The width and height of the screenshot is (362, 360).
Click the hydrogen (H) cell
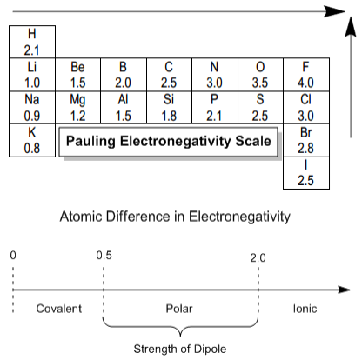(32, 42)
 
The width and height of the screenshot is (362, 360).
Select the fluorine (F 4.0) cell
(306, 75)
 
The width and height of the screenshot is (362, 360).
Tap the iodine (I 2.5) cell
(306, 173)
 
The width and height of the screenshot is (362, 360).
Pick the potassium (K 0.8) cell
(32, 140)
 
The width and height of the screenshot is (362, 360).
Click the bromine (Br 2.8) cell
(306, 140)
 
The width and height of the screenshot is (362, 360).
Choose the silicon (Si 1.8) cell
(169, 108)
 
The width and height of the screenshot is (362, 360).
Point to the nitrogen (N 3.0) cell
(215, 75)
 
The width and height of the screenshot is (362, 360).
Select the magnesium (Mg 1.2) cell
(77, 108)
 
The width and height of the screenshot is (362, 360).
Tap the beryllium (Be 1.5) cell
(77, 75)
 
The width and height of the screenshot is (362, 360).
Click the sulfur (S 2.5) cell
(260, 108)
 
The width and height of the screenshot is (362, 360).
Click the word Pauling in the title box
(90, 142)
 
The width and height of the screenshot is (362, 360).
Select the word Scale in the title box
(253, 141)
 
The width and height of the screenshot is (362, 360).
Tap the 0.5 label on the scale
(104, 256)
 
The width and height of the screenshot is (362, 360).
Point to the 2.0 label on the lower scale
(258, 257)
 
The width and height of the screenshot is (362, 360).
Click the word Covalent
(59, 309)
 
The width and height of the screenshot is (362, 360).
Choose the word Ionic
(305, 309)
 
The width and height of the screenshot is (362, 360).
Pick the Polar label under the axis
(179, 309)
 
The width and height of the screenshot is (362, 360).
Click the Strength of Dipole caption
(180, 350)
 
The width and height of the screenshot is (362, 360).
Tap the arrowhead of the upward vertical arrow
(351, 27)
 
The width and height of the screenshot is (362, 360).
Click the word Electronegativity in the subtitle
(239, 217)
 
